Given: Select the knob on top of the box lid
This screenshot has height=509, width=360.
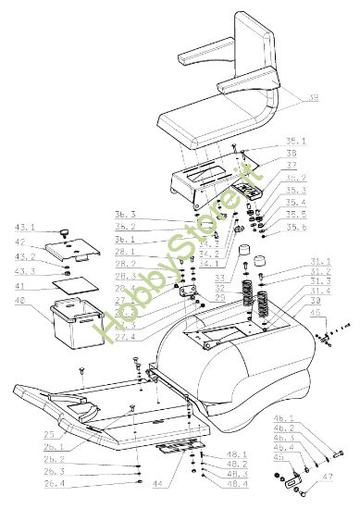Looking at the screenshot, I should pyautogui.click(x=68, y=229).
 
